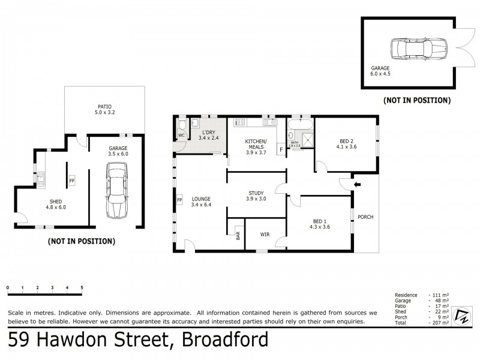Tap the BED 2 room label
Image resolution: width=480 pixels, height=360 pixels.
pyautogui.click(x=346, y=143)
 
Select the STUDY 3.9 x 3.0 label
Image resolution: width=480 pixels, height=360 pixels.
pyautogui.click(x=256, y=196)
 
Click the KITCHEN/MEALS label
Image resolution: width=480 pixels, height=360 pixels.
pyautogui.click(x=256, y=145)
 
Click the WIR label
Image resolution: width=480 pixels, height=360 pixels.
pyautogui.click(x=265, y=235)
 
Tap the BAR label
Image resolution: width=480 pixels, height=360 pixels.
pyautogui.click(x=238, y=236)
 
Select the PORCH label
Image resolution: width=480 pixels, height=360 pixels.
pyautogui.click(x=365, y=217)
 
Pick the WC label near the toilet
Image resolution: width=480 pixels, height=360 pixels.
pyautogui.click(x=181, y=136)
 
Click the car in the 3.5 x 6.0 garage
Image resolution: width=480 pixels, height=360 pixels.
pyautogui.click(x=117, y=191)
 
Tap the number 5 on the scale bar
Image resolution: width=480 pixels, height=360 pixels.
pyautogui.click(x=82, y=288)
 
